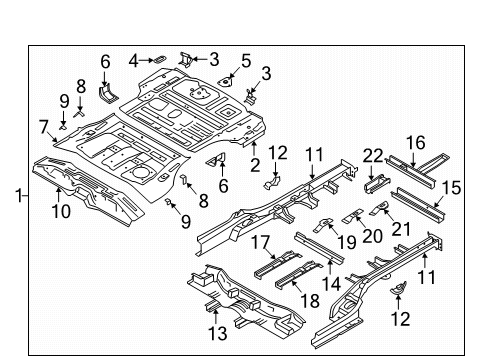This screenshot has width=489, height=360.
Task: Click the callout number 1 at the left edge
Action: point(19,195)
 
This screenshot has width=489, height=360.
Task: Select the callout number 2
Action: point(255,165)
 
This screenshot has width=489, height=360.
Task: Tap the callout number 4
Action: point(133,61)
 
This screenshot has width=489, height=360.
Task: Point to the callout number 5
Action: point(246,61)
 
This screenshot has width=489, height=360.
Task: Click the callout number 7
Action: point(44,127)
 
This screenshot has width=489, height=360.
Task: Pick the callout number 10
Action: point(61,211)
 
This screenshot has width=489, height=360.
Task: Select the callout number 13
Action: point(218,333)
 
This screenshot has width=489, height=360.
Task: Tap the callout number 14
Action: point(331,284)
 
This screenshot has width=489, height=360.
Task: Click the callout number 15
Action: point(451,188)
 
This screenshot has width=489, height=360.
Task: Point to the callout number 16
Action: point(416,143)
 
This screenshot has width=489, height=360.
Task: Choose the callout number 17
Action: point(260,242)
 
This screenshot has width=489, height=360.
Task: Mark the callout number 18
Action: point(310,301)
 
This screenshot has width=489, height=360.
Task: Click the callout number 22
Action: point(373,156)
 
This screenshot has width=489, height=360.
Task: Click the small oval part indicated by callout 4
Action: point(159,59)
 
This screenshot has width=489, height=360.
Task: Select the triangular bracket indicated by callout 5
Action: point(225,81)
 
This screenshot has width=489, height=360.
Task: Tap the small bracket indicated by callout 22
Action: point(377,184)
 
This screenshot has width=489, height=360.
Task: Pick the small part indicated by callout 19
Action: point(322,225)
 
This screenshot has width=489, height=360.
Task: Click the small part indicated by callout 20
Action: point(353,216)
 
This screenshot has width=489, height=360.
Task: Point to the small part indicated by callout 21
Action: point(380,208)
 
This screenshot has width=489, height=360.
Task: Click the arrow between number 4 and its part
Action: point(146,60)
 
